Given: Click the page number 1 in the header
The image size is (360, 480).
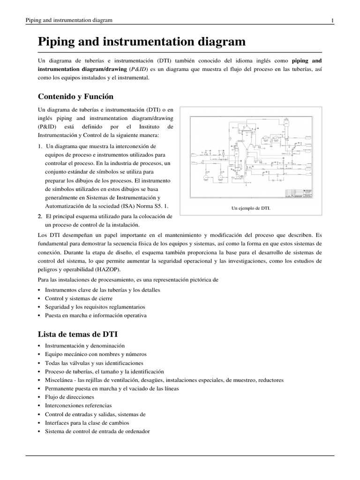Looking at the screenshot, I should coord(332,20).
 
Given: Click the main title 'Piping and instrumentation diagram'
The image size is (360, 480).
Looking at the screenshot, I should coord(142,42).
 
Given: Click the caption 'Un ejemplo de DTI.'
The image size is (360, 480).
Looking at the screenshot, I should coord(251,208).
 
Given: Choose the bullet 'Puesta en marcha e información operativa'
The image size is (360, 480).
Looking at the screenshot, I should coord(96,315).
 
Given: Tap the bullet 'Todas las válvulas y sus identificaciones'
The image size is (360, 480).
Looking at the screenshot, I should coord(94,363).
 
